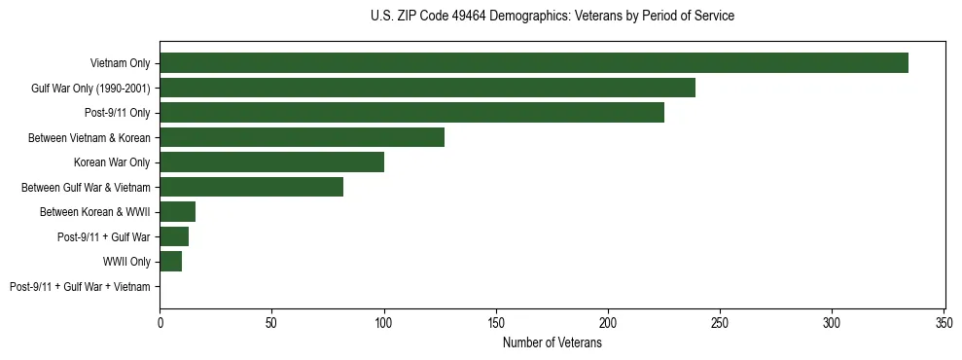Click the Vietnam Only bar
click(533, 63)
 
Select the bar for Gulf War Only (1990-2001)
click(427, 88)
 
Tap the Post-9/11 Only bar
click(411, 113)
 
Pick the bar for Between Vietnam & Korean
click(302, 137)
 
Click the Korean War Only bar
click(271, 162)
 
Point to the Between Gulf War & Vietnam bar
click(251, 187)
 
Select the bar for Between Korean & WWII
click(177, 212)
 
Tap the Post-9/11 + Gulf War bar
click(173, 236)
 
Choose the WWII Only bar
click(170, 262)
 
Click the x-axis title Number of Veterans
click(552, 342)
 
